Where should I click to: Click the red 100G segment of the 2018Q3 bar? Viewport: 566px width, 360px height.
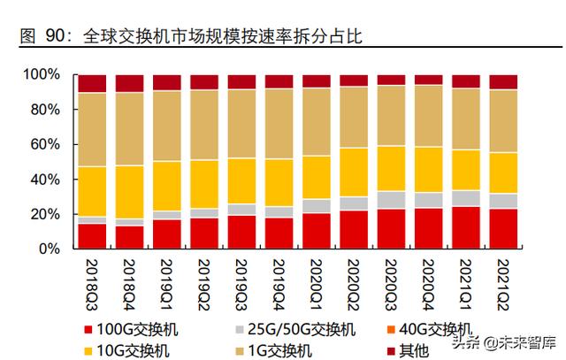pos(92,237)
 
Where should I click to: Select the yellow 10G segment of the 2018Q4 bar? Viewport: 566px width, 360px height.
pos(129,192)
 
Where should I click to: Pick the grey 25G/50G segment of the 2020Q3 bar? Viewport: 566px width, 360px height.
pos(391,200)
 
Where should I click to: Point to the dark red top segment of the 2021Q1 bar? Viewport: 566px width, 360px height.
pos(466,81)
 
